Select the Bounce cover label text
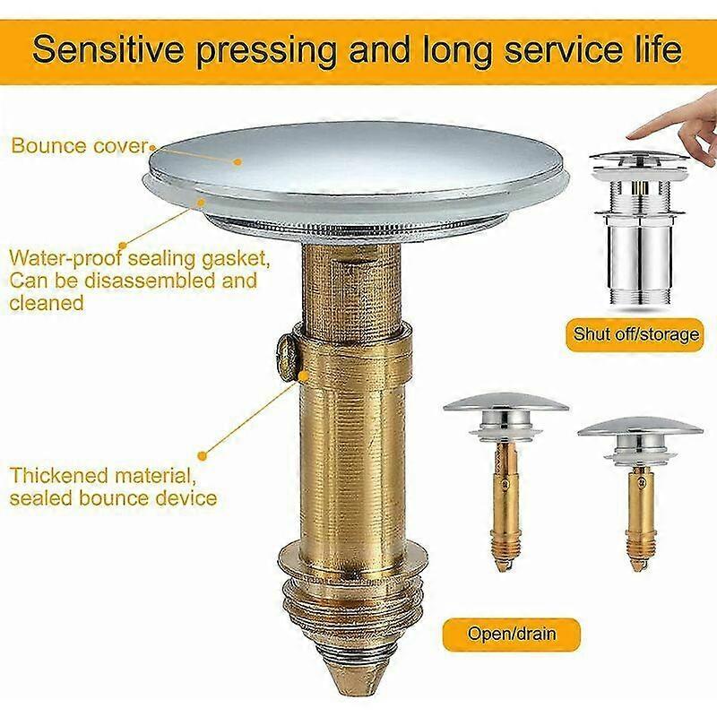point(80,145)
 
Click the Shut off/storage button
point(636,334)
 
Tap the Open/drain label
point(512,634)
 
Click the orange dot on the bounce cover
point(237,161)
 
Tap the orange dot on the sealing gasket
point(200,200)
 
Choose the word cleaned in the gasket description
point(47,303)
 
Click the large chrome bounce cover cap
point(357,160)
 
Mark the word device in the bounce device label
point(186,497)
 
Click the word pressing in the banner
point(266,50)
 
